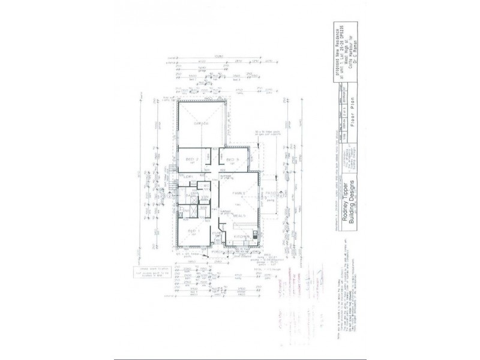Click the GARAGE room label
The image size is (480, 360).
tap(201, 124)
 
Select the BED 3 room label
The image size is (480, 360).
tap(233, 159)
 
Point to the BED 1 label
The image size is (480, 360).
tap(193, 231)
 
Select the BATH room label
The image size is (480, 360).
tap(192, 196)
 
